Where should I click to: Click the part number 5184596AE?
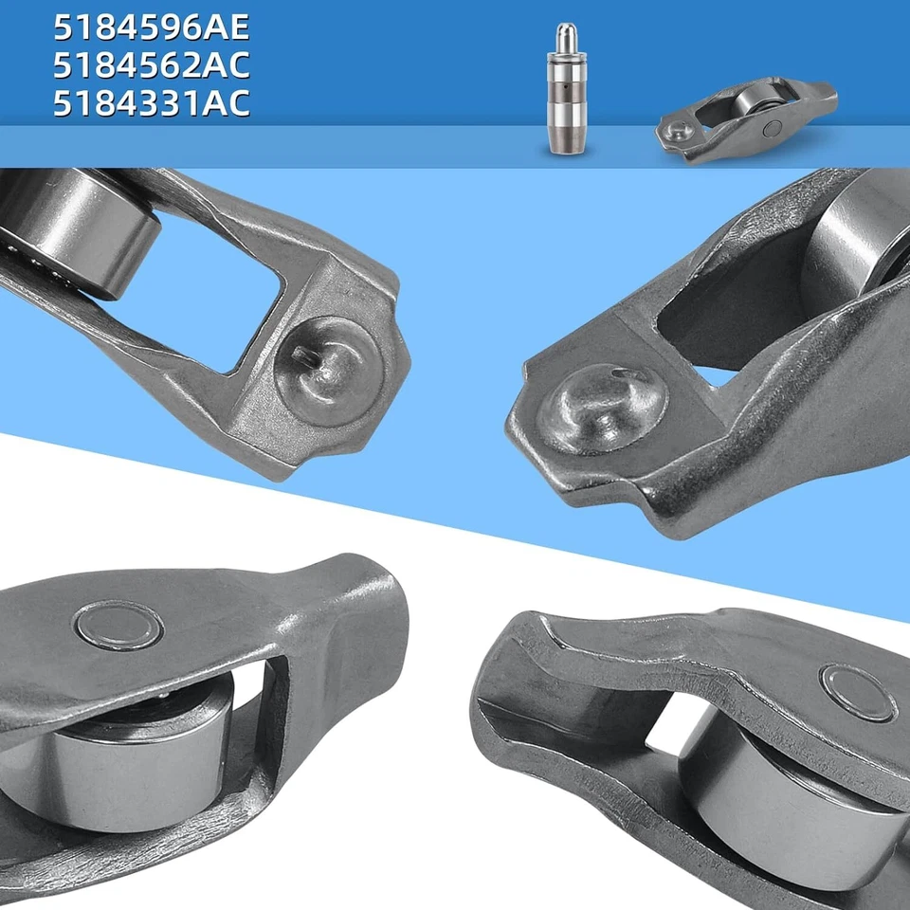(x=152, y=27)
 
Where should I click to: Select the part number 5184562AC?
(x=152, y=65)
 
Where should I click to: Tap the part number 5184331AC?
(x=152, y=103)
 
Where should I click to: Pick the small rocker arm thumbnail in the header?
(x=747, y=121)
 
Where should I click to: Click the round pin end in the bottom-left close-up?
(x=118, y=625)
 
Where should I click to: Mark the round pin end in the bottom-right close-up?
(x=858, y=692)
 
